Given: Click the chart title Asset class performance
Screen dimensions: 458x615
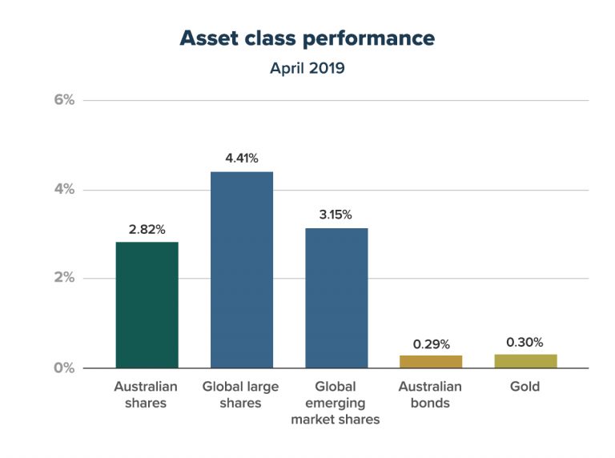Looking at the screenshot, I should [x=307, y=38].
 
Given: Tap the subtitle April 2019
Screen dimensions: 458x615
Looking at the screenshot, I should [x=307, y=68].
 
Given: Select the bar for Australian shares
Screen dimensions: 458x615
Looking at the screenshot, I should [x=147, y=304].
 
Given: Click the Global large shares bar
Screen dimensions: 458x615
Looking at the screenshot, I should [x=241, y=270].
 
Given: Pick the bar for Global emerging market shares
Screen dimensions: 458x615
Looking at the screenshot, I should [x=336, y=298].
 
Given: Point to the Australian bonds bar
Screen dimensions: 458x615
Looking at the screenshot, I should [x=430, y=362].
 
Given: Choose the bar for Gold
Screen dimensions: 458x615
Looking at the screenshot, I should [x=525, y=361].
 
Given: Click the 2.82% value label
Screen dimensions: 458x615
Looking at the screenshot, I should [x=147, y=230].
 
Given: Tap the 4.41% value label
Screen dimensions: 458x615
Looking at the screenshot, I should [x=241, y=159].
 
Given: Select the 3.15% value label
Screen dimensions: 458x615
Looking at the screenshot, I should [x=336, y=215].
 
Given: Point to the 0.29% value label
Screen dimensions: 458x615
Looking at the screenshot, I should [x=430, y=343].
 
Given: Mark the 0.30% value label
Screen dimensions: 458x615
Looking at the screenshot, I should [x=525, y=342].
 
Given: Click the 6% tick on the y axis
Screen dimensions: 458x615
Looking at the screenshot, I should [x=64, y=100].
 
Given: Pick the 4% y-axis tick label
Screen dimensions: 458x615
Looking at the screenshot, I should [x=64, y=190].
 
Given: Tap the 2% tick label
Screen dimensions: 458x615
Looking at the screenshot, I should [x=64, y=279].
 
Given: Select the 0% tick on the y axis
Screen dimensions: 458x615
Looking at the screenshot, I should [x=64, y=368].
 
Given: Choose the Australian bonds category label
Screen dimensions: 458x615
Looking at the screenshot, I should [x=430, y=395].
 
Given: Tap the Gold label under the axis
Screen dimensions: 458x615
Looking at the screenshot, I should [x=525, y=387].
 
